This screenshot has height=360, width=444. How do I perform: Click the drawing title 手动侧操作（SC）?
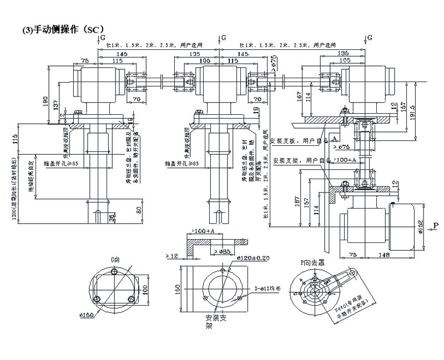62,29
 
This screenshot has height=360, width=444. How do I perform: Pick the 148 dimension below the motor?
385,255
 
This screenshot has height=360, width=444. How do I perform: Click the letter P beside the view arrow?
436,225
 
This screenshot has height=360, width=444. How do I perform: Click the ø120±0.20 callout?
253,257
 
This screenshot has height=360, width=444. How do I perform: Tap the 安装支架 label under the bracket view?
214,322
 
